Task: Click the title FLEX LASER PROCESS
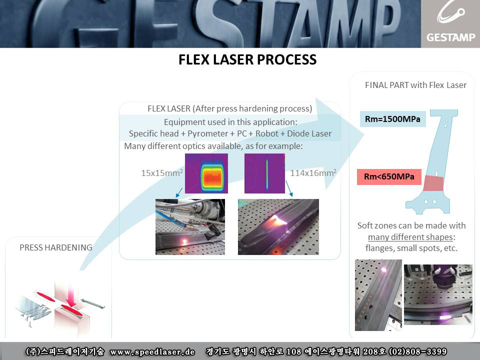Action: [247, 59]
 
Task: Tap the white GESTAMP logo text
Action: [450, 37]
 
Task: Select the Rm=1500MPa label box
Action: [393, 119]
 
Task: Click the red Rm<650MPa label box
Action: [389, 176]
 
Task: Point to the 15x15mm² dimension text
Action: [162, 172]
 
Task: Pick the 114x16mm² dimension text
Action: [313, 172]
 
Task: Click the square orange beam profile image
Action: [206, 173]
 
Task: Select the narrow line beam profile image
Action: [264, 173]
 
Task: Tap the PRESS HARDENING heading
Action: [56, 247]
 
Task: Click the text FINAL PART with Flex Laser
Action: [415, 85]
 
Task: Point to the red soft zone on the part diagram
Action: [433, 183]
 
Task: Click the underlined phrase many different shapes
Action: [410, 237]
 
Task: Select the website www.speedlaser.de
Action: [152, 351]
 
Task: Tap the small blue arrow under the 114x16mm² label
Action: [289, 188]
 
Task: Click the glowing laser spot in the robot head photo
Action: [184, 241]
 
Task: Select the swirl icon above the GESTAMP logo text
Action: [450, 14]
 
